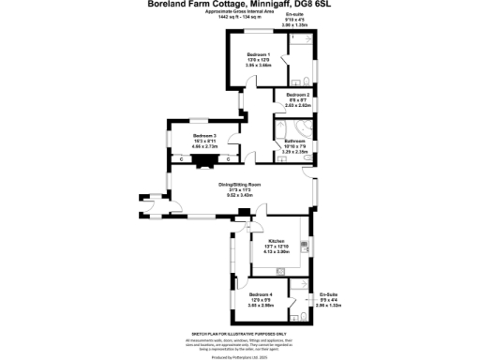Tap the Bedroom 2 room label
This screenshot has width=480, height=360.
(x=298, y=96)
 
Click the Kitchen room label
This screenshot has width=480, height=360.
(x=277, y=242)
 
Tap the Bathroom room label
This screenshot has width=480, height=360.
(x=295, y=142)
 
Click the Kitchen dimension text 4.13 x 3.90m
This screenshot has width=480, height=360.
(x=277, y=253)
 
